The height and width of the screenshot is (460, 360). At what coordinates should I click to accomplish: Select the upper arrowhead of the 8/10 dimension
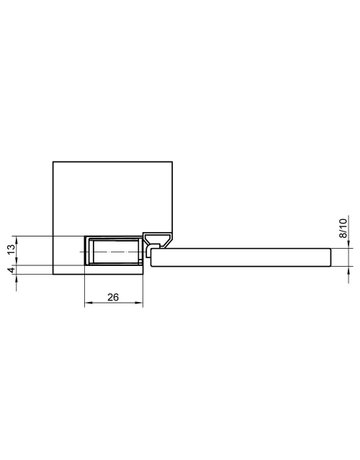tap(348, 245)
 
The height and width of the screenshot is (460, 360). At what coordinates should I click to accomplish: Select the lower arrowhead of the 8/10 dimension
tap(348, 266)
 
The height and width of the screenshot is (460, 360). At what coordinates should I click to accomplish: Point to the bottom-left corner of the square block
tap(51, 277)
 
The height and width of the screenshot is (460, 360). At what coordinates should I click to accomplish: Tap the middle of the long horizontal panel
tap(240, 255)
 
